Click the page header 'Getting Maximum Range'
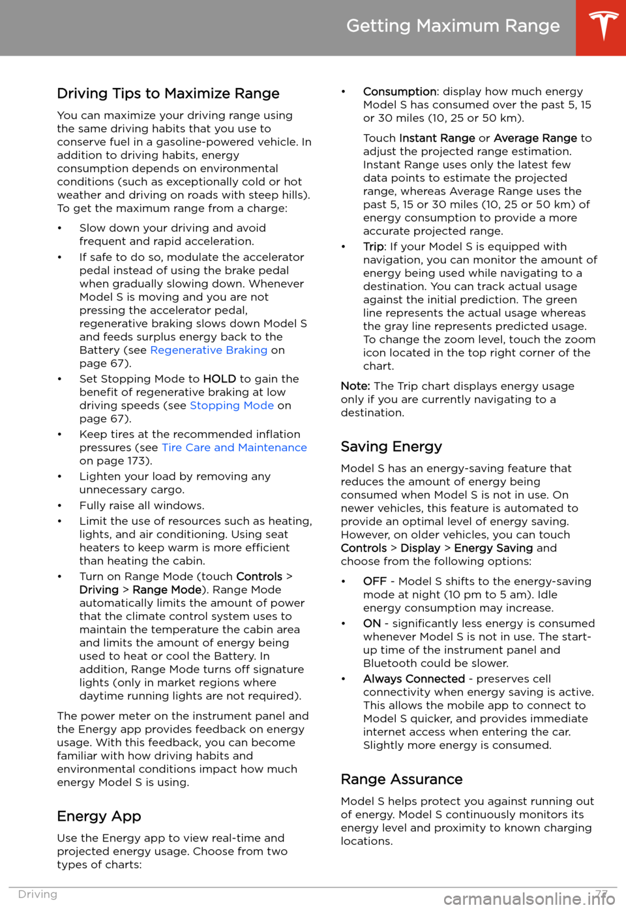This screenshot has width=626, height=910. (453, 26)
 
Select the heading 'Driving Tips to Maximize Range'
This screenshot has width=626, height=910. (168, 94)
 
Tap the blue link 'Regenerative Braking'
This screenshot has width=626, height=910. (209, 350)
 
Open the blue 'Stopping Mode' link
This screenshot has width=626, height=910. (231, 405)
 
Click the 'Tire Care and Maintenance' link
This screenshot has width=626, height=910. (234, 448)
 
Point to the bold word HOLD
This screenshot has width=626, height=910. (219, 379)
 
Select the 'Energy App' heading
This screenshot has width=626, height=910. (99, 817)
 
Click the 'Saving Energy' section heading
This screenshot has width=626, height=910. (391, 447)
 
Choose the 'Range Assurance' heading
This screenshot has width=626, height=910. (402, 780)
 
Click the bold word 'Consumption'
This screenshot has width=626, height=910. (399, 92)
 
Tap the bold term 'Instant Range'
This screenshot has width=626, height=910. (437, 138)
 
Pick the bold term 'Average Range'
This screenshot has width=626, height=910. (535, 138)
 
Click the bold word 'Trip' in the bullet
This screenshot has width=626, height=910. (373, 247)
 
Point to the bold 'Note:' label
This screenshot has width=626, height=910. (355, 386)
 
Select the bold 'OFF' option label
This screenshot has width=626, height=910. (374, 581)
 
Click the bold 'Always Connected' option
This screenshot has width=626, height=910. (413, 679)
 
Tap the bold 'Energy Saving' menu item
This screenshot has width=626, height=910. (493, 548)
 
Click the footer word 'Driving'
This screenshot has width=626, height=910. (38, 894)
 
